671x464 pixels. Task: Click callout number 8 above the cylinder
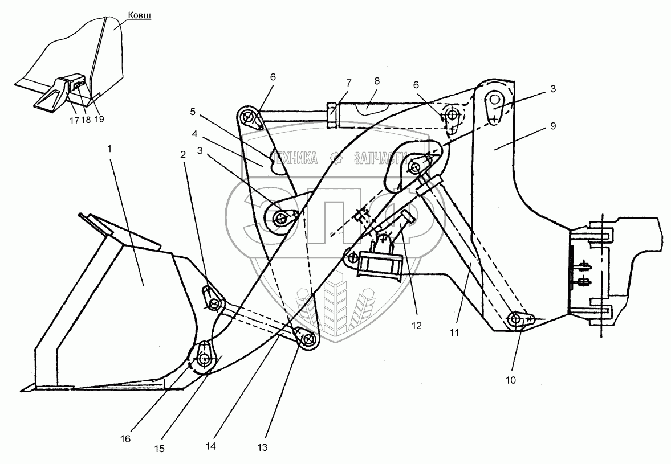tap(376, 81)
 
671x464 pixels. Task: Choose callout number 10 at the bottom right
tap(510, 379)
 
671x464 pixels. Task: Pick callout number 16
tap(125, 438)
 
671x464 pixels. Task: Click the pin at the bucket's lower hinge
tap(204, 359)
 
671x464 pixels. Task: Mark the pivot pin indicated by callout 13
tap(308, 340)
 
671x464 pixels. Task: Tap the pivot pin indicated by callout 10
tap(517, 318)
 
